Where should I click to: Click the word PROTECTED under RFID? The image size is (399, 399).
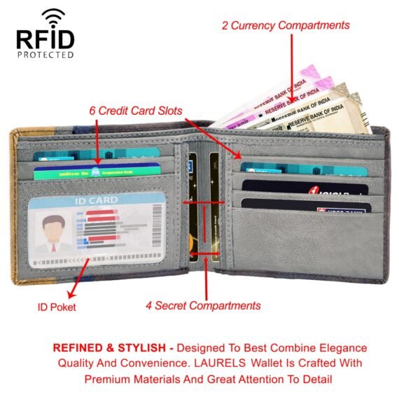coord(45,55)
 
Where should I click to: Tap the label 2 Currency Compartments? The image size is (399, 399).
coord(286,25)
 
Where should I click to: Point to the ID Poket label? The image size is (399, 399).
coord(57,307)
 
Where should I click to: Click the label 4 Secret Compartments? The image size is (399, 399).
coord(203,305)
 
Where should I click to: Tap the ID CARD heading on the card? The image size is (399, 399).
coord(96,201)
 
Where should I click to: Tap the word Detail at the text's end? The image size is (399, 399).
coord(314,379)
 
